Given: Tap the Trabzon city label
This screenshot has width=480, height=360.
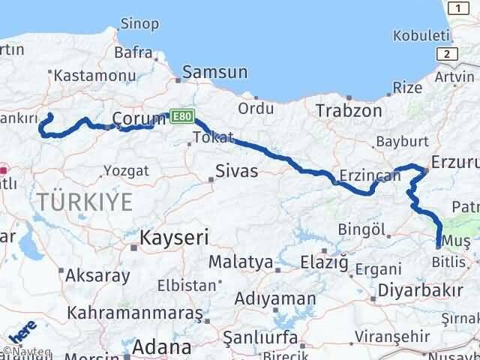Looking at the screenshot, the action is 349,111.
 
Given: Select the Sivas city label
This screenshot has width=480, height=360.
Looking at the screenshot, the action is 236,171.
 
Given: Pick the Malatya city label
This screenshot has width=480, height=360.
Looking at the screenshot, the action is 239,262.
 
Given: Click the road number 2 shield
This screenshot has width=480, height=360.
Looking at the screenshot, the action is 448,53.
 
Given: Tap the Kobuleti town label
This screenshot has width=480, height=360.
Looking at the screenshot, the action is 421,36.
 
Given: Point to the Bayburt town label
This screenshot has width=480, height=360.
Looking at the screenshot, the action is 401,141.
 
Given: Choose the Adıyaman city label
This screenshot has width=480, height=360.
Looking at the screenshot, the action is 275,298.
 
